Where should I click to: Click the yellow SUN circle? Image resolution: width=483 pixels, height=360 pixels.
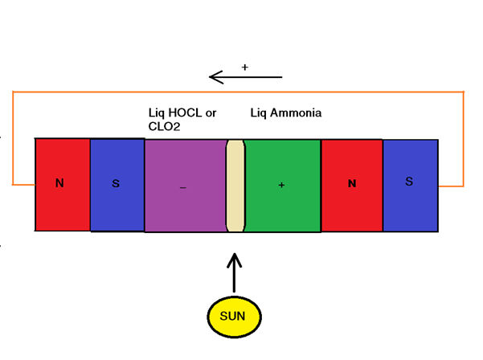[233, 316]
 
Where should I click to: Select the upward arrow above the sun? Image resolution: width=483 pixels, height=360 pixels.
[235, 273]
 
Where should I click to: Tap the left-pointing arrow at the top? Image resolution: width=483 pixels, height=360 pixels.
[245, 77]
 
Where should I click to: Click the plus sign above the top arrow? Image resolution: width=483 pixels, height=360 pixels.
[244, 66]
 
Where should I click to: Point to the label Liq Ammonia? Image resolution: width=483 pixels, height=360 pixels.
[286, 113]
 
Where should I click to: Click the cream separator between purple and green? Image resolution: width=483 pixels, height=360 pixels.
[235, 186]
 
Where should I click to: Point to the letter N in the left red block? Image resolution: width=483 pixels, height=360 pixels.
[59, 184]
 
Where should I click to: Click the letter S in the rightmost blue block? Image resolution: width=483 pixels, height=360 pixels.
[409, 182]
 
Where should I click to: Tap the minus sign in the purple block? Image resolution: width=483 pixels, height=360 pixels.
[183, 187]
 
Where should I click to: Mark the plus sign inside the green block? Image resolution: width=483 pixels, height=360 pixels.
[281, 186]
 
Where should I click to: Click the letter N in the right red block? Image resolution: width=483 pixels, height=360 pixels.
[352, 184]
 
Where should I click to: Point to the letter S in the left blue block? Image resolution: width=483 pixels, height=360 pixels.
[116, 184]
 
